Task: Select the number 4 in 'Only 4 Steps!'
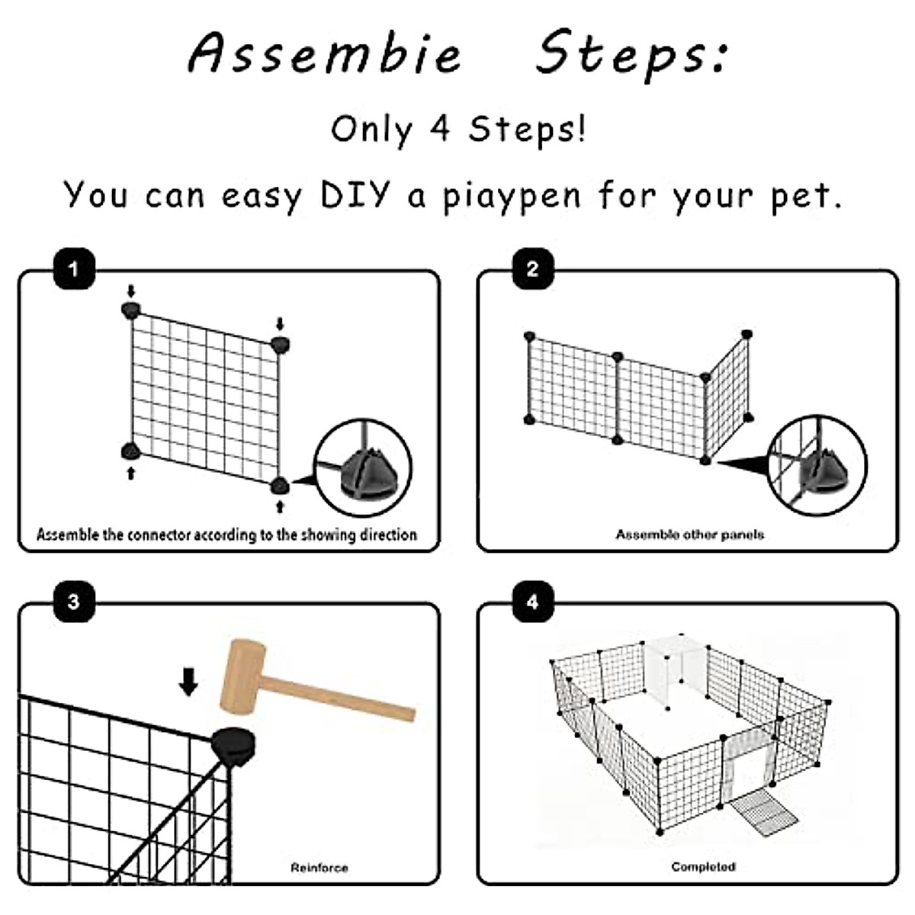[x=440, y=129]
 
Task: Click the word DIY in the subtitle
[x=355, y=194]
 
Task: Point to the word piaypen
[x=512, y=197]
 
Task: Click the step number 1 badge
[x=74, y=268]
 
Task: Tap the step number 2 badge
[x=533, y=268]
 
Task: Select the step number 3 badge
[x=74, y=602]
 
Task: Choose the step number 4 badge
[x=533, y=602]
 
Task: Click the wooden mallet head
[x=243, y=679]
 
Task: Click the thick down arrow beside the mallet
[x=188, y=682]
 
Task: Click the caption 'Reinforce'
[x=319, y=868]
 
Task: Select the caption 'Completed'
[x=703, y=866]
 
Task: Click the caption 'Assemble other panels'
[x=690, y=535]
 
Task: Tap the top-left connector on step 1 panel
[x=130, y=310]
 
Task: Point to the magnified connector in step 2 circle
[x=823, y=470]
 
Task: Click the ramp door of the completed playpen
[x=763, y=815]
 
